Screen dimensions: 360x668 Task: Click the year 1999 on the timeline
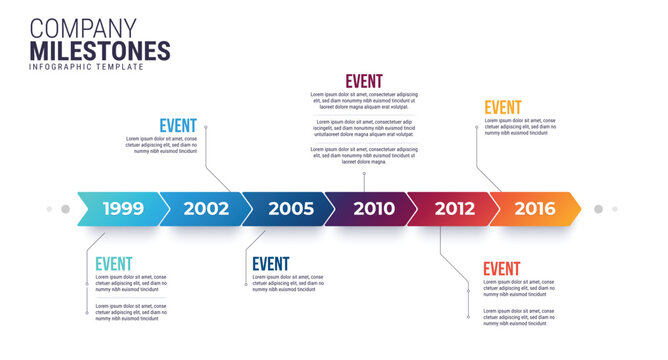tap(123, 209)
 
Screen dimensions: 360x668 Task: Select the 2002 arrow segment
tap(206, 209)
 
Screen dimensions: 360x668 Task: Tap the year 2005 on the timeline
tap(291, 209)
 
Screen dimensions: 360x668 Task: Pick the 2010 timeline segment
tap(374, 209)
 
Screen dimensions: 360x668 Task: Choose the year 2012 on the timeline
tap(454, 209)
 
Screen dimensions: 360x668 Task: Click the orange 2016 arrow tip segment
tap(536, 209)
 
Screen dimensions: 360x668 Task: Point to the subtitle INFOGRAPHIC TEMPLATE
tap(86, 67)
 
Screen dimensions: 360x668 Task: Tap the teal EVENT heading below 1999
tap(114, 264)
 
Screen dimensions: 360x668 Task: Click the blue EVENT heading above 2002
tap(178, 126)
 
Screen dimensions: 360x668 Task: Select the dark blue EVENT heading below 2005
tap(271, 264)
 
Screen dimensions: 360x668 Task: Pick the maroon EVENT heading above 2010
tap(364, 82)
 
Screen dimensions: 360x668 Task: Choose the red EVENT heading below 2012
tap(502, 269)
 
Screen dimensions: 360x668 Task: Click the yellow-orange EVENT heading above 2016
tap(503, 108)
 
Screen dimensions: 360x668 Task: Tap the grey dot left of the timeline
tap(65, 209)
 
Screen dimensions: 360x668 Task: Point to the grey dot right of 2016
tap(598, 209)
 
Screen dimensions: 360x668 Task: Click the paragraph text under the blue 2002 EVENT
tap(160, 145)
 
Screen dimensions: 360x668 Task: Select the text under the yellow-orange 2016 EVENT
tap(520, 127)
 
